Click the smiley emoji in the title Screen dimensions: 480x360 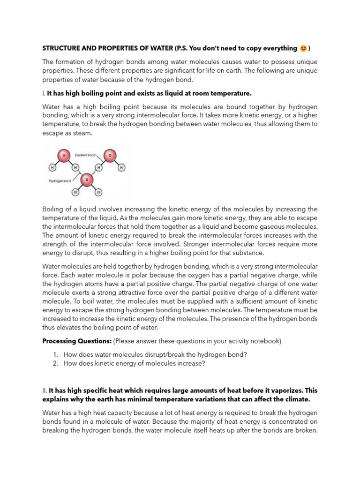coord(303,48)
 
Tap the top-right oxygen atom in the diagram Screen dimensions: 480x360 coord(110,155)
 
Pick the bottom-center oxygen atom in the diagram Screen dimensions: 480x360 coord(86,180)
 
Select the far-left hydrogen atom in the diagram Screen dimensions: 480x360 coord(52,167)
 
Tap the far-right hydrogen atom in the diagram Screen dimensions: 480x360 coord(121,167)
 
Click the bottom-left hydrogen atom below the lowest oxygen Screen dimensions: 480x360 coord(75,192)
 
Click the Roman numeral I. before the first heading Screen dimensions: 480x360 coord(44,93)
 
